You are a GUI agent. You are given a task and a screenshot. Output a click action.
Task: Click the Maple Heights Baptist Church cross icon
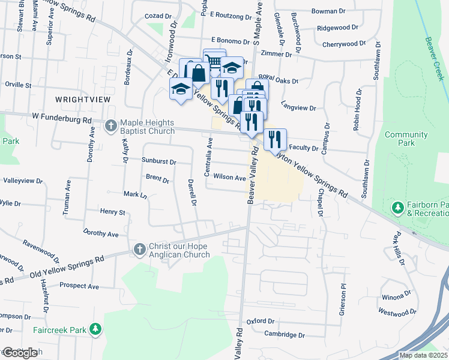pos(110,125)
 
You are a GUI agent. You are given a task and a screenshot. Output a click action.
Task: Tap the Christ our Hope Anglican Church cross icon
pos(139,249)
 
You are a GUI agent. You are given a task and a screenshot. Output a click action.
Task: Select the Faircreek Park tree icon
pos(95,329)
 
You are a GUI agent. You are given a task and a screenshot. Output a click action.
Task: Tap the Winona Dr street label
pos(395,296)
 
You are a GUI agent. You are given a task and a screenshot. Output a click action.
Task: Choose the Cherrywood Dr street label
pos(343,44)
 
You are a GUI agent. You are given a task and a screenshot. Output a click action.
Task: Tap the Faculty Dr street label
pos(303,148)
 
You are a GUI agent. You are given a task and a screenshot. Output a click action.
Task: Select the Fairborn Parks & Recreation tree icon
pos(397,208)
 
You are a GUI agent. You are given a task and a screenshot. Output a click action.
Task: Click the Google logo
pos(19,353)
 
